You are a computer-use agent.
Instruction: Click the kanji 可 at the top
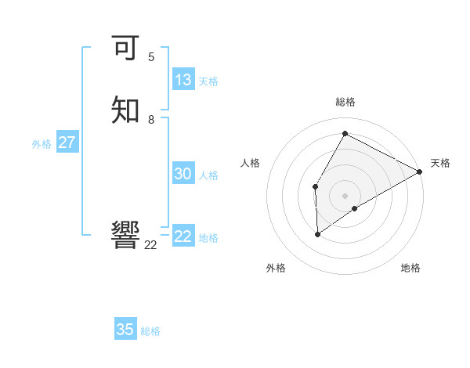pos(126,49)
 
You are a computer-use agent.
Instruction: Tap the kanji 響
pos(126,235)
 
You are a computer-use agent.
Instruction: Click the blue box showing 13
pos(183,80)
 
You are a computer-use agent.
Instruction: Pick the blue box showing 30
pos(183,174)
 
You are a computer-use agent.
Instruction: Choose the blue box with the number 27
pos(67,143)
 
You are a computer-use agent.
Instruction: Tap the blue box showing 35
pos(125,330)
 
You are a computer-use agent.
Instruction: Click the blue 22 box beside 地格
pos(183,236)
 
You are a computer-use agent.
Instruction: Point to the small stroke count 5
pos(151,57)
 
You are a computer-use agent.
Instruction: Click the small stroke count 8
pos(151,120)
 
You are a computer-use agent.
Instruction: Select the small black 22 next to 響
pos(151,245)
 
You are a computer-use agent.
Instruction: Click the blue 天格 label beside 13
pos(208,81)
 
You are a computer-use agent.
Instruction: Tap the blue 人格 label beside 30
pos(209,175)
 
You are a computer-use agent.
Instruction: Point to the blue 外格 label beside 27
pos(42,144)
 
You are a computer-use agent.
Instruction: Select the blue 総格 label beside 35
pos(150,331)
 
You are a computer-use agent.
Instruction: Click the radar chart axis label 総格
pos(345,102)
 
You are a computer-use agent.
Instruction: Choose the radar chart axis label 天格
pos(440,163)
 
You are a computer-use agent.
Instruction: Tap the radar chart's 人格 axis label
pos(251,163)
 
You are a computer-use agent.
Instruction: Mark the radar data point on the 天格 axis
pos(420,171)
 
